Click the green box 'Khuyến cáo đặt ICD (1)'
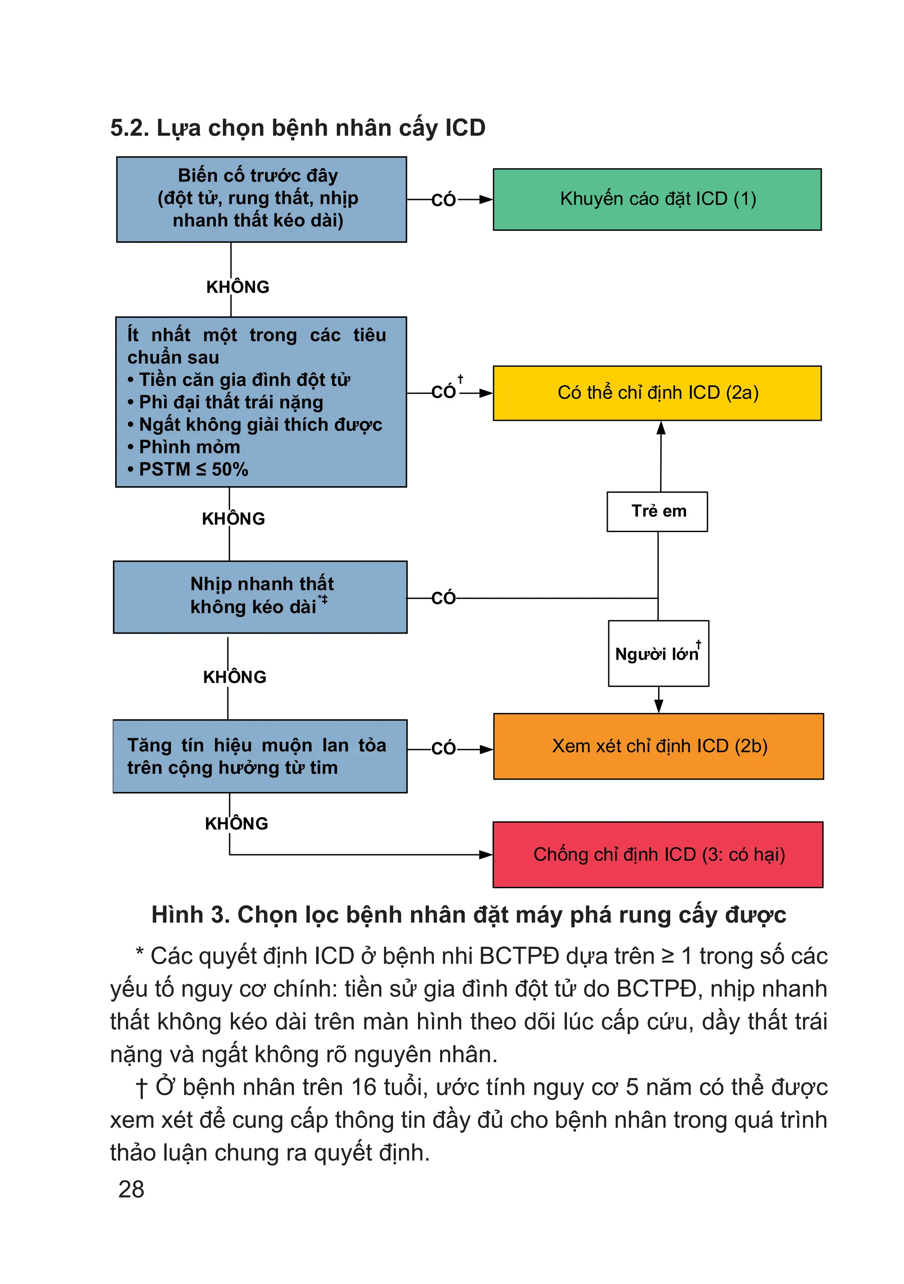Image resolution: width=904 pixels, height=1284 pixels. click(657, 199)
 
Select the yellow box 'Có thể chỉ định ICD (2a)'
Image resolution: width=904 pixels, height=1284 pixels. click(657, 393)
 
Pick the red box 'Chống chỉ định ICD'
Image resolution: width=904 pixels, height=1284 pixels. click(657, 855)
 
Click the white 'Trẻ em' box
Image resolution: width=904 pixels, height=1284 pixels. click(657, 511)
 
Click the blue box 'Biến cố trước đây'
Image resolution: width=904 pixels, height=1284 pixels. click(261, 199)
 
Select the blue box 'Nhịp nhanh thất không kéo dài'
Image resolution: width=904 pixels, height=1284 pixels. click(260, 597)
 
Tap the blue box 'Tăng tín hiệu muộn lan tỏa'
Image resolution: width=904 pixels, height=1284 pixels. click(260, 756)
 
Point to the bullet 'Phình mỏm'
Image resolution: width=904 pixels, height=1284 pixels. click(189, 447)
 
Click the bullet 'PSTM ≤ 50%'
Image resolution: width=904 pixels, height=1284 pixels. click(193, 469)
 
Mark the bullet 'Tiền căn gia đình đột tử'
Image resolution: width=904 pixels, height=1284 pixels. click(244, 380)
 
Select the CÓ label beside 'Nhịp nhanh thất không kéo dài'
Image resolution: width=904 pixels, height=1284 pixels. click(444, 598)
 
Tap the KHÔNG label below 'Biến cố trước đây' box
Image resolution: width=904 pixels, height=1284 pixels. click(238, 287)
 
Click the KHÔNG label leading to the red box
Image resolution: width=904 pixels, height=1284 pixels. click(237, 823)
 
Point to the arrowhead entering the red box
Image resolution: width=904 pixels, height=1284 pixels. click(486, 855)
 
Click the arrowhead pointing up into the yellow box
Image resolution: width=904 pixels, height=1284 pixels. click(661, 428)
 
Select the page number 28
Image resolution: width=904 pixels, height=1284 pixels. click(132, 1190)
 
